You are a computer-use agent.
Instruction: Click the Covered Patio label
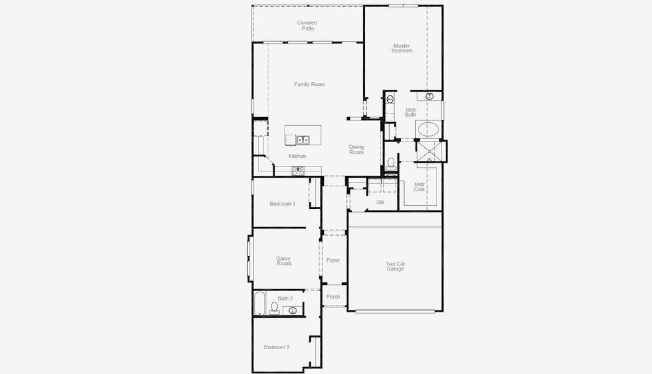pos(307,26)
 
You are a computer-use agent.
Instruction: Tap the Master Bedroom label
pos(402,48)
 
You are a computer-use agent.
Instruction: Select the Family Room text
pos(309,84)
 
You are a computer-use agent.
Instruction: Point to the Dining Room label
pos(356,150)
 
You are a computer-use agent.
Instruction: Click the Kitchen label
pos(297,156)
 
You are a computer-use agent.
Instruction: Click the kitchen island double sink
pos(303,140)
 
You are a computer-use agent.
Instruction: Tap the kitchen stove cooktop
pos(298,171)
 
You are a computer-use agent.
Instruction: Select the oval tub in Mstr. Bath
pos(428,129)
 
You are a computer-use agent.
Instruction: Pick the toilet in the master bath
pos(390,163)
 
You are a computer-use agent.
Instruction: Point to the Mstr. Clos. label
pos(420,187)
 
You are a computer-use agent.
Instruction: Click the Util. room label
pos(381,203)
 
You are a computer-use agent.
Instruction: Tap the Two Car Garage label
pos(395,266)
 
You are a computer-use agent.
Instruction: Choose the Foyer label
pos(333,260)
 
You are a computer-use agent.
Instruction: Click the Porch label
pos(333,297)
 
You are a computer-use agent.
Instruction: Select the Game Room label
pos(283,261)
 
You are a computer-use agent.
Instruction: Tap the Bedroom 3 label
pos(282,204)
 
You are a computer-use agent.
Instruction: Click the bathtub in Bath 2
pos(260,304)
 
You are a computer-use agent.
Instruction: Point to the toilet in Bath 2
pos(274,309)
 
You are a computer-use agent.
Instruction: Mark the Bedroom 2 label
pos(276,347)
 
